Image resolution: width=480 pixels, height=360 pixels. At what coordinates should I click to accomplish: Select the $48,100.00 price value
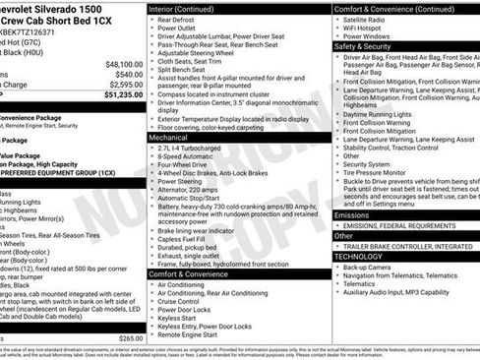click(x=122, y=62)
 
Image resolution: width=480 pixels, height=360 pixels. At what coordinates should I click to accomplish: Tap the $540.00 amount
click(x=127, y=74)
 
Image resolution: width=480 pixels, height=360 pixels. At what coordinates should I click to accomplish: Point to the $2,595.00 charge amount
click(x=122, y=85)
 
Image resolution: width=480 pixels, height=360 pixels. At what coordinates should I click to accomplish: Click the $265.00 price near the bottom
click(x=130, y=337)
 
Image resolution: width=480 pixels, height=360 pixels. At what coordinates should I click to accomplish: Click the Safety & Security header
click(x=364, y=46)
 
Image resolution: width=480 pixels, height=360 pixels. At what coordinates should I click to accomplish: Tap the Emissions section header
click(x=352, y=214)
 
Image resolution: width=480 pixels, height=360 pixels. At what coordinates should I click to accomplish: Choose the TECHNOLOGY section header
click(x=358, y=256)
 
